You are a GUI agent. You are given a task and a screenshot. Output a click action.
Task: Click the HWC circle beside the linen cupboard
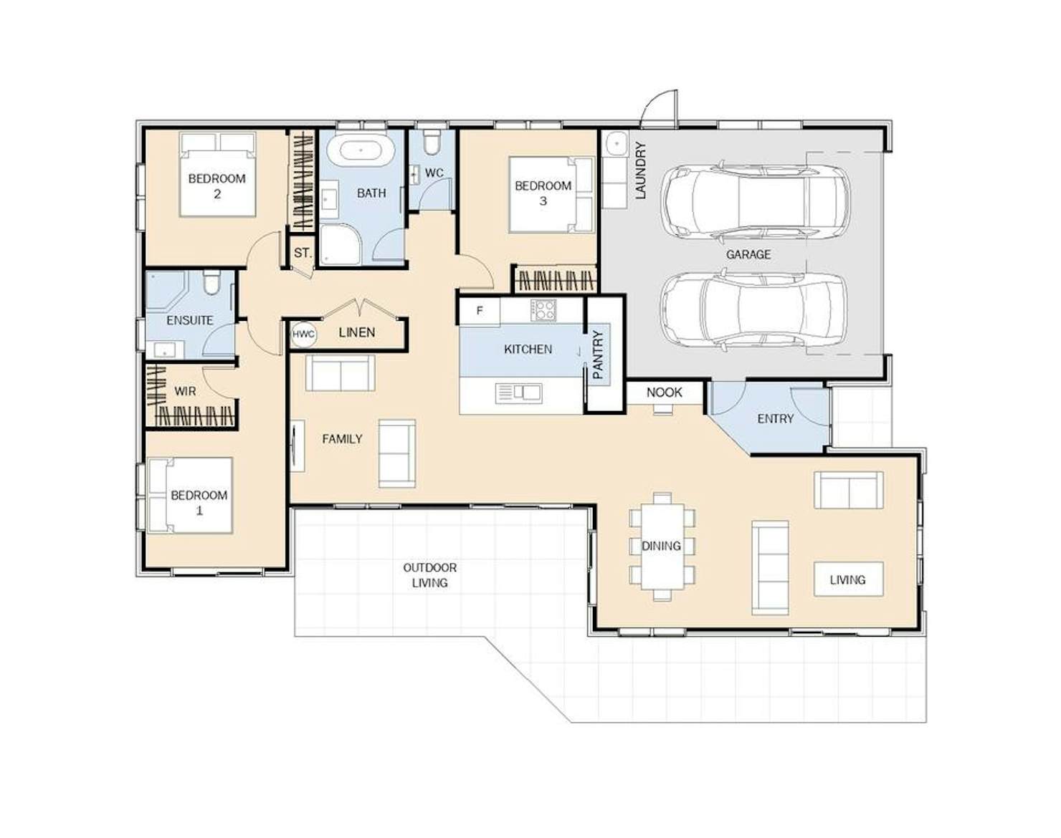click(x=303, y=334)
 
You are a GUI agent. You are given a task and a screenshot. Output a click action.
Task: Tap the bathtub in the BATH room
click(x=361, y=150)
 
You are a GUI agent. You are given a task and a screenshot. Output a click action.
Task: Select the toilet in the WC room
click(x=432, y=141)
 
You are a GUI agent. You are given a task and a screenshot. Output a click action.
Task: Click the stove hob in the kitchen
click(x=543, y=310)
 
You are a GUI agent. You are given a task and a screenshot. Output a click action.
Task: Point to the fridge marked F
click(x=480, y=311)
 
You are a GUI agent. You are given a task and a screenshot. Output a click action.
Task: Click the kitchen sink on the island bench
click(x=518, y=392)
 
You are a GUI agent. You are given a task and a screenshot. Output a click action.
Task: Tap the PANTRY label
click(x=598, y=355)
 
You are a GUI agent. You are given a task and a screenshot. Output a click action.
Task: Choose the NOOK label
click(x=664, y=392)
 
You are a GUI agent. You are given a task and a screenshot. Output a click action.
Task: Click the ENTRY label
click(x=775, y=419)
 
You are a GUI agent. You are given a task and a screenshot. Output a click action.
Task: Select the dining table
click(x=662, y=546)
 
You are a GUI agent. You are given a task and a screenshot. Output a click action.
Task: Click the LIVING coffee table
click(x=848, y=579)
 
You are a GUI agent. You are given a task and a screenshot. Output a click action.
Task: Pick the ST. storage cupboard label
click(x=303, y=254)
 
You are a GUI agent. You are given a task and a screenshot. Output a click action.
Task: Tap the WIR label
click(x=185, y=391)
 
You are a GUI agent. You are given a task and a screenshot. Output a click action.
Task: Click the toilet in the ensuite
click(x=211, y=281)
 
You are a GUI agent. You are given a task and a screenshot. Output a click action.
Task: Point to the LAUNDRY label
click(x=640, y=170)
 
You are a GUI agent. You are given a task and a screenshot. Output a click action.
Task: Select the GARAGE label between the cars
click(x=748, y=255)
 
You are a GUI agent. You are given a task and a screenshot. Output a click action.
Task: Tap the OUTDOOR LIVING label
click(x=430, y=575)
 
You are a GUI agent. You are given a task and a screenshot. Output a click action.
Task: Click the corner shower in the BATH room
click(x=341, y=245)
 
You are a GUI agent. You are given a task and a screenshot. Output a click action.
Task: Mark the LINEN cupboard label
click(x=357, y=332)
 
